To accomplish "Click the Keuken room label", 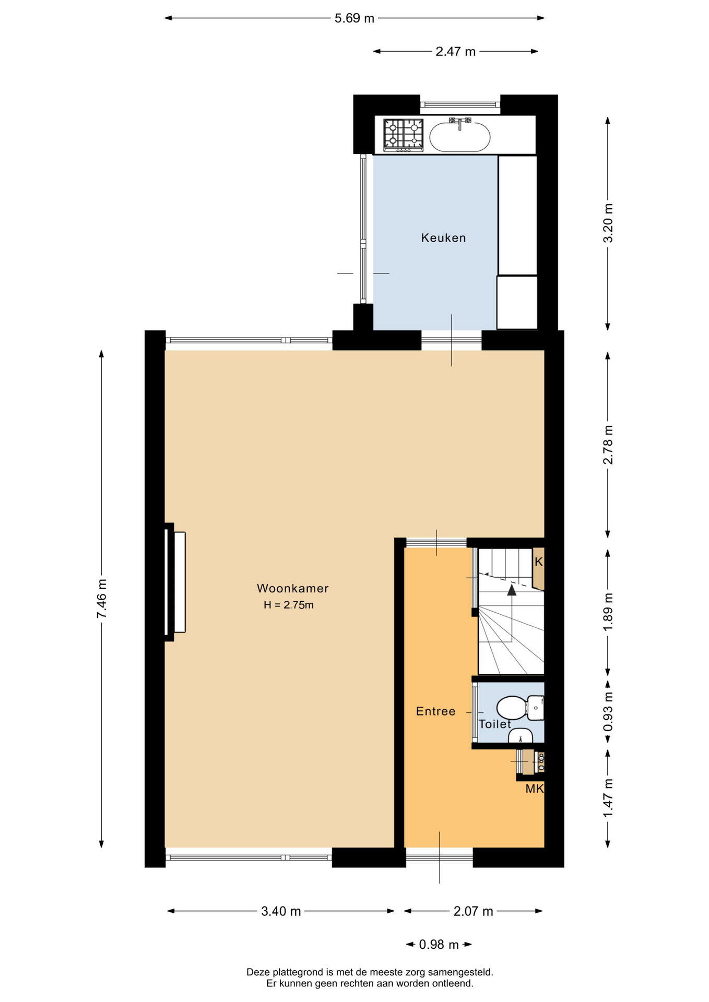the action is [x=443, y=238].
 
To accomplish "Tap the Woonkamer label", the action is [x=292, y=588].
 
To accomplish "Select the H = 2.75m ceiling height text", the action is [x=289, y=605].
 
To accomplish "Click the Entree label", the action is [x=435, y=711].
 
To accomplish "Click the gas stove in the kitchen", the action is [x=404, y=135].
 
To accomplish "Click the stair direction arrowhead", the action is [x=512, y=590].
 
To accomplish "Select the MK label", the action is [x=535, y=789].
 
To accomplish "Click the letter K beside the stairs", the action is [x=539, y=562].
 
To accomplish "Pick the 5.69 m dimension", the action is [x=354, y=18].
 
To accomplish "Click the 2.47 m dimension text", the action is [x=456, y=51].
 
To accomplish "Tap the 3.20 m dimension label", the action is [x=608, y=222].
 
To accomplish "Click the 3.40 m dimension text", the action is [x=281, y=911].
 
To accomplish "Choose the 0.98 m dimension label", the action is [x=439, y=945].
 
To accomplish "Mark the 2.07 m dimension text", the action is [x=473, y=911].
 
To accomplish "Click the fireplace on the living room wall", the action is [x=175, y=582].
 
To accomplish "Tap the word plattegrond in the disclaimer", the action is [x=294, y=972].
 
